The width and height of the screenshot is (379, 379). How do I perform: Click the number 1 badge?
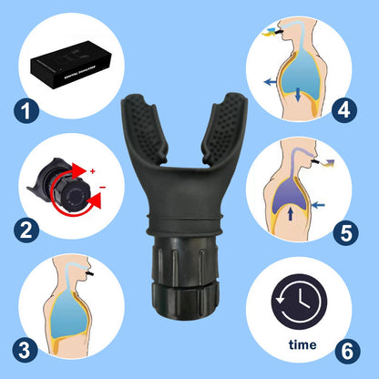27,112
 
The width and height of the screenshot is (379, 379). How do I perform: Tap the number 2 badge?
27,230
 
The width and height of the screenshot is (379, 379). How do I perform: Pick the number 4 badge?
343,112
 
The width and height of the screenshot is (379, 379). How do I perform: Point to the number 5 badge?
343,231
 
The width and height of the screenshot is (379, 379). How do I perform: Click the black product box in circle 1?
72,65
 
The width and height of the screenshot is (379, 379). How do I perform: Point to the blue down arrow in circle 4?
299,91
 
